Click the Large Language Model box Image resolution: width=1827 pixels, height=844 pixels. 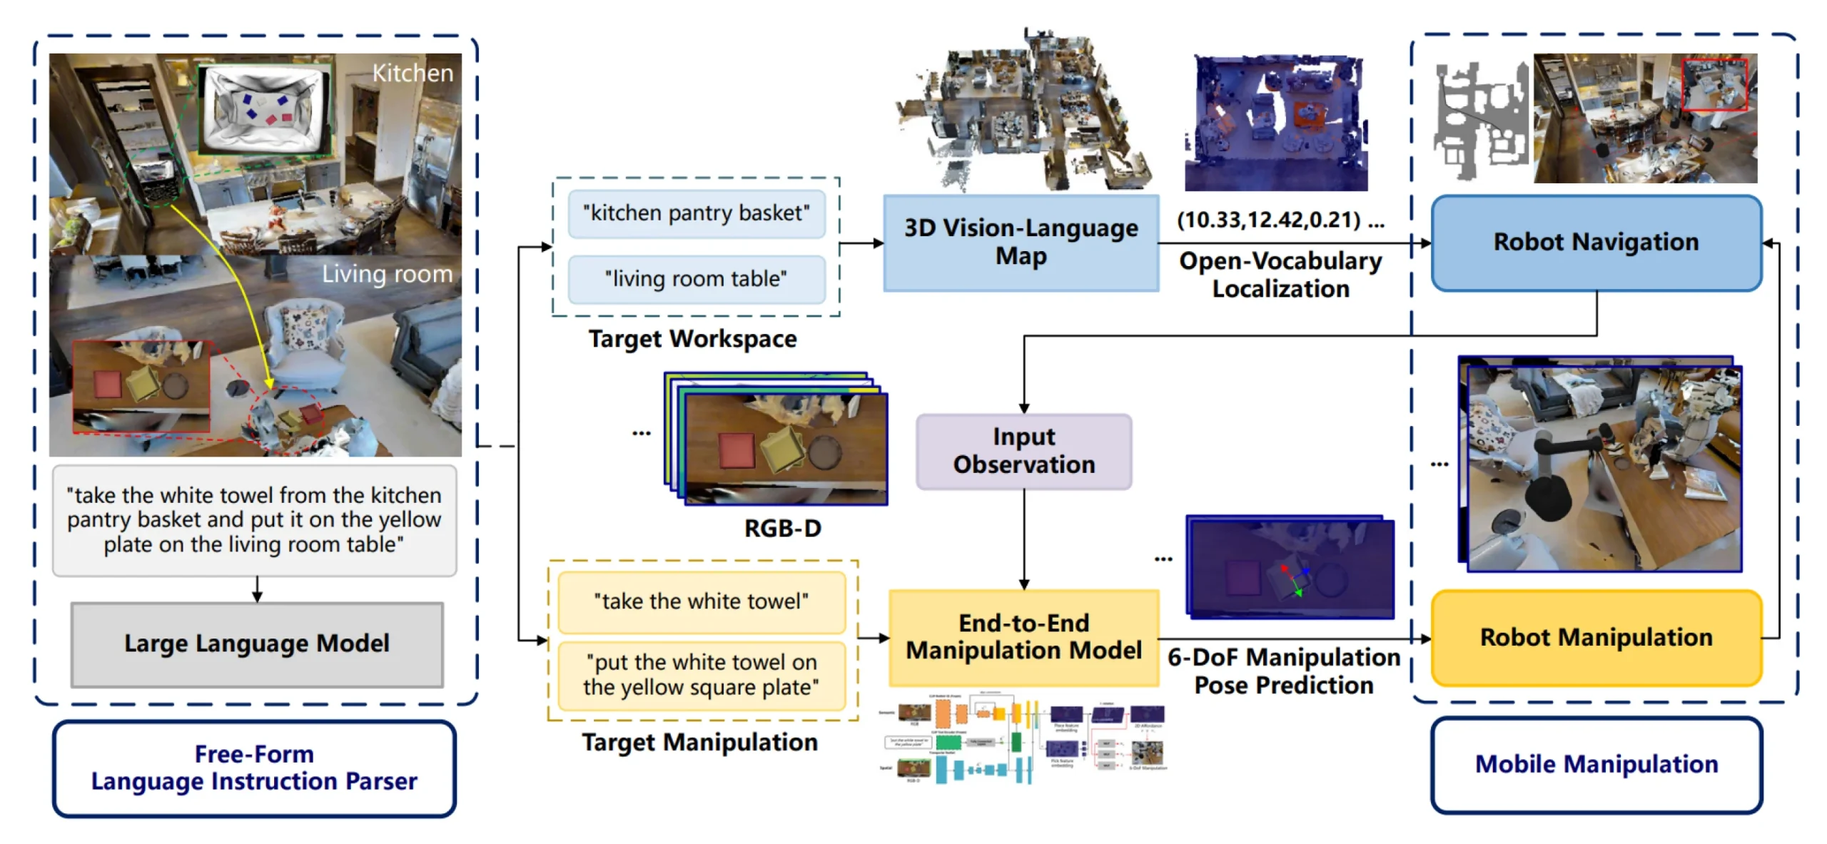point(257,644)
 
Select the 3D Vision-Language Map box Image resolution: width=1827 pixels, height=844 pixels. point(1021,243)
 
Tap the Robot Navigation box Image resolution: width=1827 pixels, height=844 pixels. point(1596,243)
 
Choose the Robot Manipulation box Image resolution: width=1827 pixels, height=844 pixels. point(1596,638)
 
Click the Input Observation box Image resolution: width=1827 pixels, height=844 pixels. point(1023,451)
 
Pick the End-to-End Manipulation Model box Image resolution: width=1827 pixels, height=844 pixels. point(1023,637)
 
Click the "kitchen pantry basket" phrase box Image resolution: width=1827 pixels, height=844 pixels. point(696,213)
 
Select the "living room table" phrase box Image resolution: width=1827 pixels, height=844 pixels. point(696,279)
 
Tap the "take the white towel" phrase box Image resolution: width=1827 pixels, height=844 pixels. point(701,602)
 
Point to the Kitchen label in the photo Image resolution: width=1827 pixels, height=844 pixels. point(413,73)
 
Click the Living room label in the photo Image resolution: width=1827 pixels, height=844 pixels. point(387,274)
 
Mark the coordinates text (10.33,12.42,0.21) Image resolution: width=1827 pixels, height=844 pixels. point(1269,220)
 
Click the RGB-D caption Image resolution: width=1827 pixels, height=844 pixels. point(782,529)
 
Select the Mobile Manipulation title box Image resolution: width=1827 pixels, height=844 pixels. point(1596,765)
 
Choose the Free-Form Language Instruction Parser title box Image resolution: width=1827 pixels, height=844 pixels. point(254,768)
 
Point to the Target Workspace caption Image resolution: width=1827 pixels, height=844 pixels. point(692,339)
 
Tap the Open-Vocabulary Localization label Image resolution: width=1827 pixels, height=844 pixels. point(1280,275)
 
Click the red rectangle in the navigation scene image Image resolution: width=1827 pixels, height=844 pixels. point(1714,85)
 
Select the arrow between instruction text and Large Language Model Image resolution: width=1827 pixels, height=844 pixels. point(257,589)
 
